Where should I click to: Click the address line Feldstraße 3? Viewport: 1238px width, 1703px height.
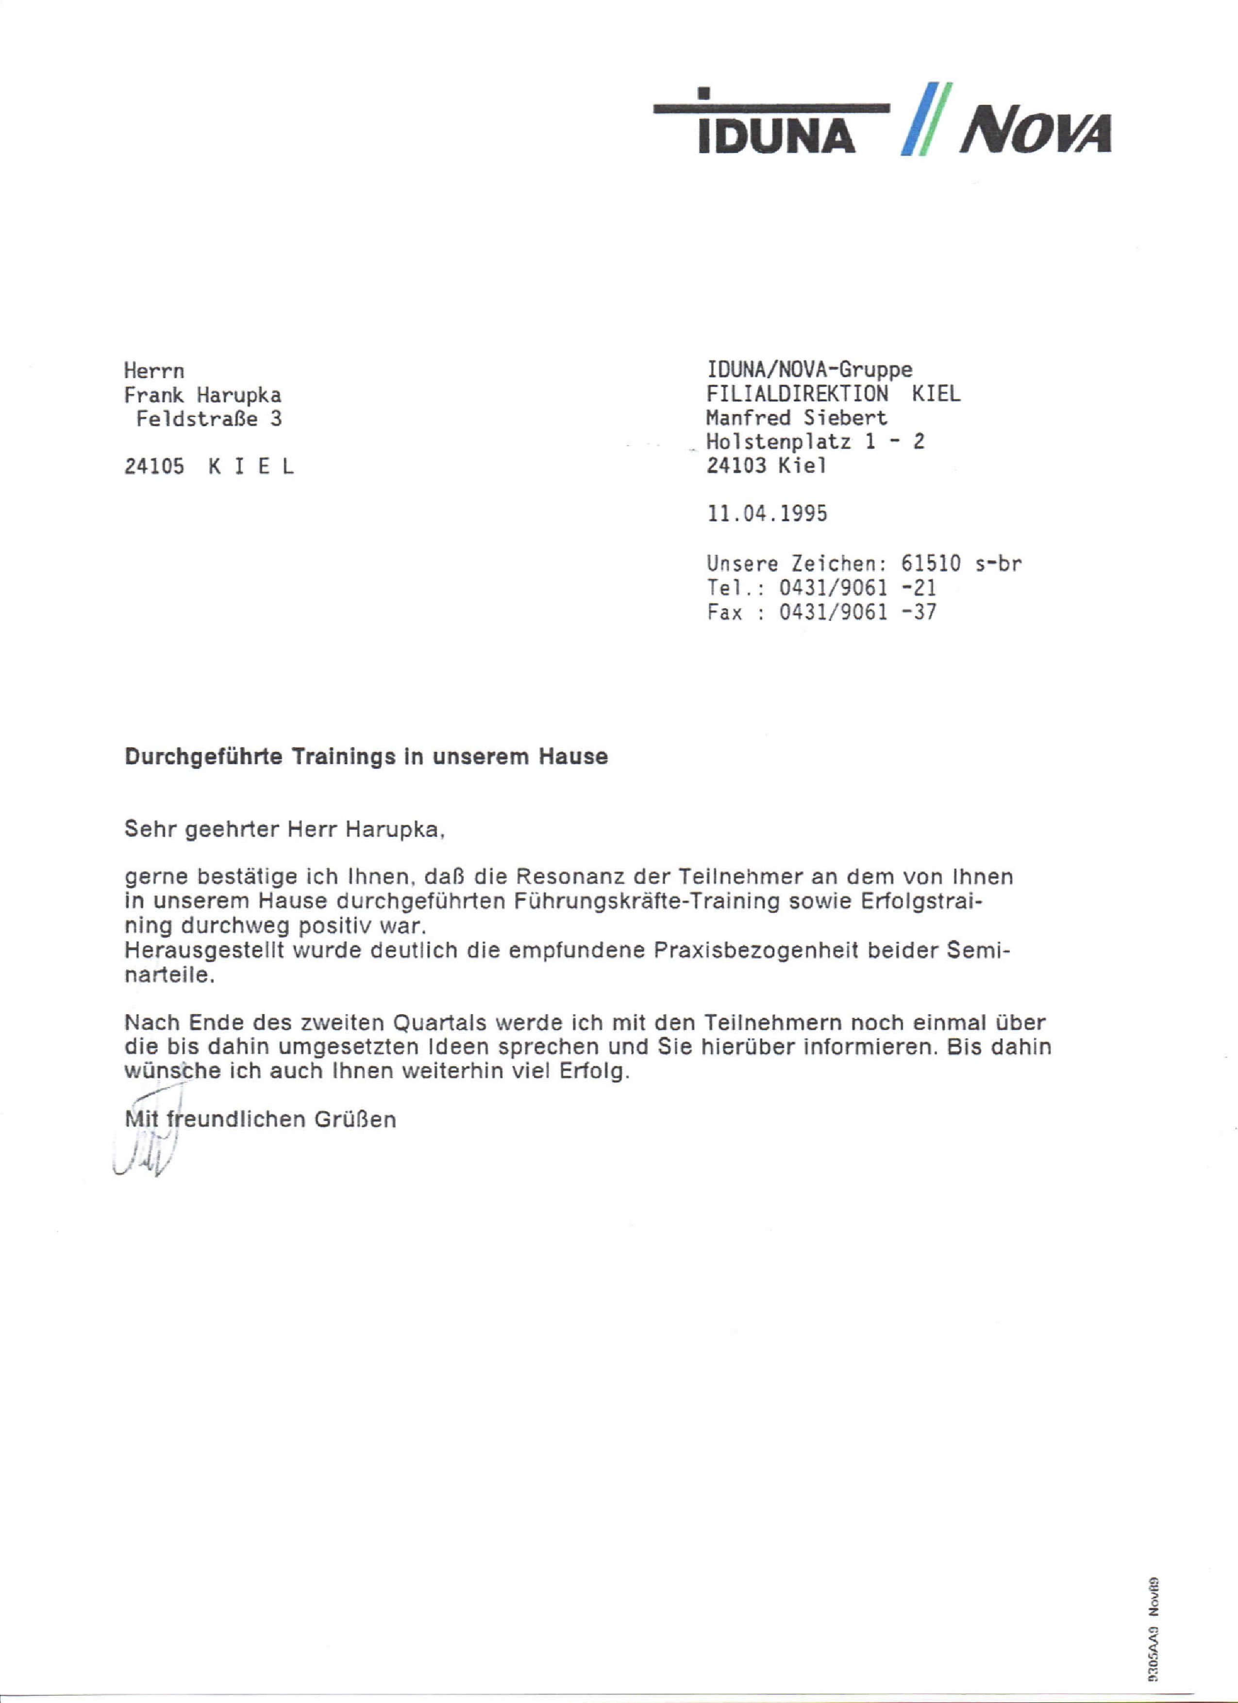click(209, 418)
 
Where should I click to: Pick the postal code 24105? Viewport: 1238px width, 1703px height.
click(154, 467)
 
